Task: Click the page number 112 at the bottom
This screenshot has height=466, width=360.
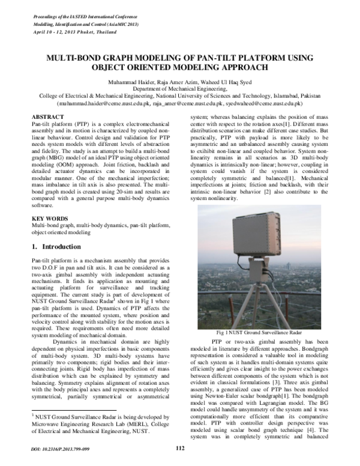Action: [179, 448]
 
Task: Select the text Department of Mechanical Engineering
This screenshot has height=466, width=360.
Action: [180, 88]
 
